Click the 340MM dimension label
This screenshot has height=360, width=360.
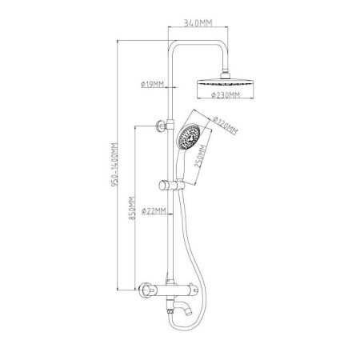(198, 23)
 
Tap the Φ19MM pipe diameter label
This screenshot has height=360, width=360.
(152, 85)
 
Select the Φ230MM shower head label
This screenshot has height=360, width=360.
(226, 95)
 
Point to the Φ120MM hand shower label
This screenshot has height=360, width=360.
(226, 126)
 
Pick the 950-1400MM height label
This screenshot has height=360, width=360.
(114, 165)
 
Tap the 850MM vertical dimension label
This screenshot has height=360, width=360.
(132, 208)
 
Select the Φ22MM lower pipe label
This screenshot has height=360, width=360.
(154, 211)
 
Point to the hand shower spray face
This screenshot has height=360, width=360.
(190, 137)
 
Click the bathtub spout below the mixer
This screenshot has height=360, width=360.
(183, 308)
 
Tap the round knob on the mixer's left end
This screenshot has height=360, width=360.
(146, 290)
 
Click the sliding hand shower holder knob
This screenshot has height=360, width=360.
(163, 186)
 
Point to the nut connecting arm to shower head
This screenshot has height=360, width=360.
(226, 74)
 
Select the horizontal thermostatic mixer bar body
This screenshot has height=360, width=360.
(177, 290)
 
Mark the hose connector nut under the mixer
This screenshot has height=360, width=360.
(170, 311)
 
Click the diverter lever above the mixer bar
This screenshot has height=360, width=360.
(168, 277)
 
